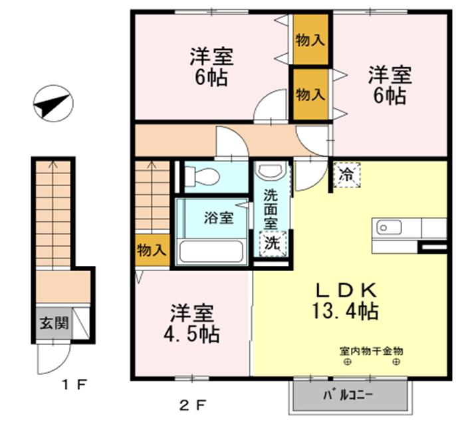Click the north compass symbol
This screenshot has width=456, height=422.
(x=53, y=103)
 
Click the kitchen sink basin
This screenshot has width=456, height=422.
(x=389, y=227)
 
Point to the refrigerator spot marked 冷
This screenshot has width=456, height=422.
(x=347, y=175)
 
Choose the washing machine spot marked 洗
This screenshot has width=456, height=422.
(x=273, y=244)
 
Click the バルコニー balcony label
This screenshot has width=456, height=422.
(x=348, y=395)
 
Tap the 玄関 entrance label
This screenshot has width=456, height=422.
(x=54, y=323)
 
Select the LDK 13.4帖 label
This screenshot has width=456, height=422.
(x=346, y=301)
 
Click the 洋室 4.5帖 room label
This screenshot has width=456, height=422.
(x=191, y=323)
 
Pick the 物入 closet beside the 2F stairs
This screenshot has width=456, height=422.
(x=152, y=250)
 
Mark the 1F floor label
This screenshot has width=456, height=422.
(x=74, y=385)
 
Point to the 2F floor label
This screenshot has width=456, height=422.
(x=193, y=405)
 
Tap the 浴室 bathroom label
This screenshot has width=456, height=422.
(x=219, y=218)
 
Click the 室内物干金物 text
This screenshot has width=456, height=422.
(x=372, y=352)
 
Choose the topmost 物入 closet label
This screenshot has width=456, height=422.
(x=310, y=40)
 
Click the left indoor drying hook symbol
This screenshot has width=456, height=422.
(x=347, y=362)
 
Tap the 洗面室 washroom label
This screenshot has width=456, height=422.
(x=271, y=209)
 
